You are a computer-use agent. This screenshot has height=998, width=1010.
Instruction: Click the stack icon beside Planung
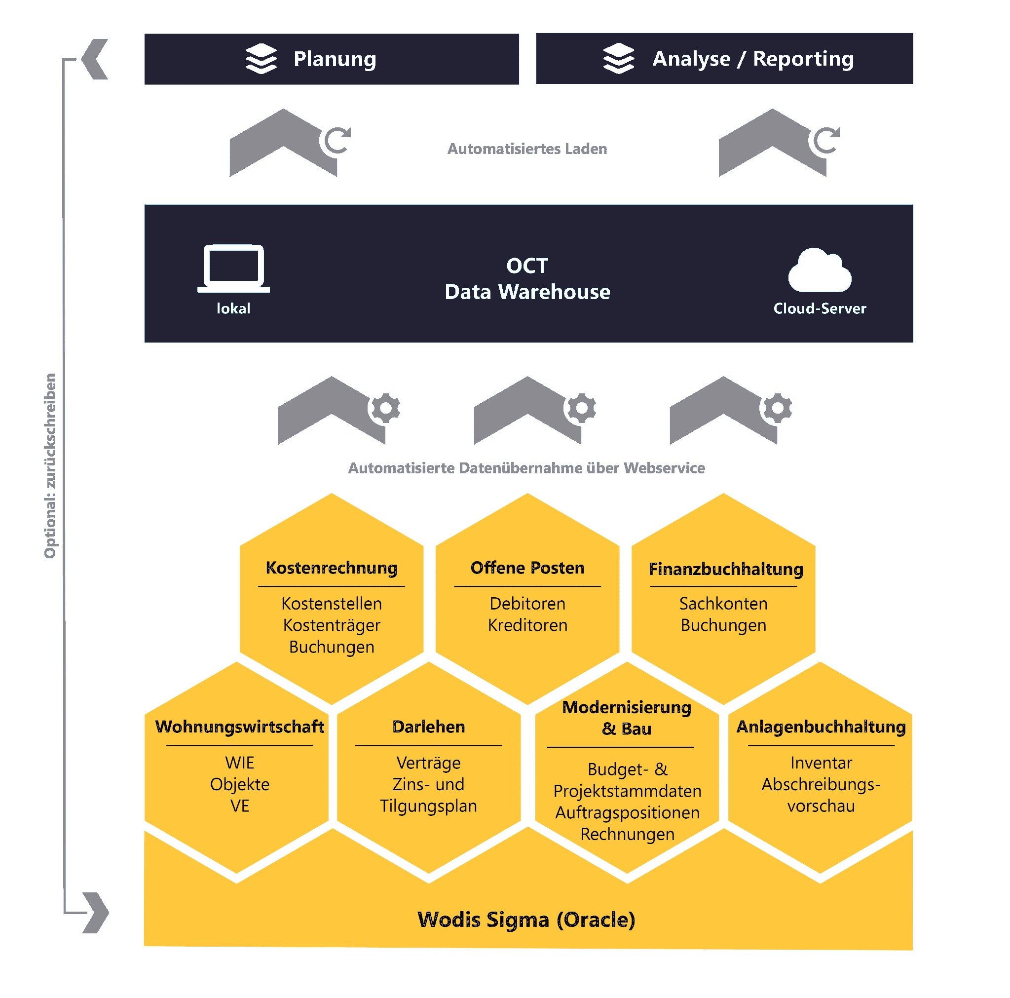[261, 59]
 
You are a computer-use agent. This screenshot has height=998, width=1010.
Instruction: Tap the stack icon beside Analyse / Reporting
[618, 58]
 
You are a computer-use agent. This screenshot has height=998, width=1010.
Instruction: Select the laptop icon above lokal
[233, 268]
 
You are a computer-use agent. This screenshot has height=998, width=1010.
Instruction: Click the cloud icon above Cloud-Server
[819, 270]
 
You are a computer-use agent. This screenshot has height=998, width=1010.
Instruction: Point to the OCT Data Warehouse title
[527, 279]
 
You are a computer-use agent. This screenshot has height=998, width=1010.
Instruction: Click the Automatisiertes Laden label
[527, 149]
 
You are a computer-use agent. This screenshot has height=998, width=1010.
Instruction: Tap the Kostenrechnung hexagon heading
[332, 568]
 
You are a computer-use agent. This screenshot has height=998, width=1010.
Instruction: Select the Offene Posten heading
[527, 568]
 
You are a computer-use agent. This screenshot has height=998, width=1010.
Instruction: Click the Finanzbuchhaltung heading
[726, 569]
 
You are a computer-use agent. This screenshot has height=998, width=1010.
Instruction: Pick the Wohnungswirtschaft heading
[239, 727]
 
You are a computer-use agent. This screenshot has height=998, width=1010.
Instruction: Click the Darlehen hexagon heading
[429, 727]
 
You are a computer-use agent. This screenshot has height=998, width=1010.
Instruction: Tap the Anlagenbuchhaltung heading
[821, 727]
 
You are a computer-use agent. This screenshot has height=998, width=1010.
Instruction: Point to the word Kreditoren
[527, 625]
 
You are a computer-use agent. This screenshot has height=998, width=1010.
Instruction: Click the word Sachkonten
[723, 604]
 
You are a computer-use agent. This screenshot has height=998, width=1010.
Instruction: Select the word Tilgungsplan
[428, 806]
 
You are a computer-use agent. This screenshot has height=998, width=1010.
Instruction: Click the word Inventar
[821, 763]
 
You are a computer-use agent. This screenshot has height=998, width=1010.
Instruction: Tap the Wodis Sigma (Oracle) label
[526, 920]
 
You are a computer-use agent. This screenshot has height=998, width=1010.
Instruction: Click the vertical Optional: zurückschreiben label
[50, 465]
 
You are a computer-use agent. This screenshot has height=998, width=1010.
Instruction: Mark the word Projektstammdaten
[627, 791]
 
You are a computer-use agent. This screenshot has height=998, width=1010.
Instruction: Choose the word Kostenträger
[332, 625]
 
